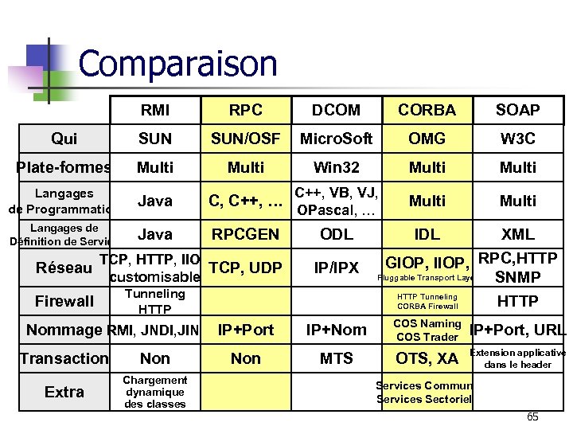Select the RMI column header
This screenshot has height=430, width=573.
tap(154, 110)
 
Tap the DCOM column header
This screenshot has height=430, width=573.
tap(336, 110)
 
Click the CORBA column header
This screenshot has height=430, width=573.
tap(427, 110)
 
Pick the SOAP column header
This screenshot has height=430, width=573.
tap(517, 110)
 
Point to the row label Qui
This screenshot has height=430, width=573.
tap(64, 139)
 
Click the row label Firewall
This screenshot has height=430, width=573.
tap(64, 301)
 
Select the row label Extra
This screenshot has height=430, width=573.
tap(64, 392)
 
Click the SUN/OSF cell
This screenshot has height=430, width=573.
tap(245, 139)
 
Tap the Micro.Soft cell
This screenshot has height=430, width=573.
tap(336, 139)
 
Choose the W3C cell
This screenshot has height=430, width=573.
tap(517, 139)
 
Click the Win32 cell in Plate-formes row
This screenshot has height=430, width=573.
tap(336, 167)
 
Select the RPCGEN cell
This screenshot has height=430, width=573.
tap(245, 234)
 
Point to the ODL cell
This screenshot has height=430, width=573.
tap(336, 234)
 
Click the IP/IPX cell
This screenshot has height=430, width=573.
tap(336, 268)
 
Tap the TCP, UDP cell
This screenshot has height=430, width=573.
tap(245, 268)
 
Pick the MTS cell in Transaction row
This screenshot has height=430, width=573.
tap(336, 358)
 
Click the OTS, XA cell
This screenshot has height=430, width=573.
tap(427, 358)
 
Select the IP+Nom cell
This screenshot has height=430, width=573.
tap(336, 330)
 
